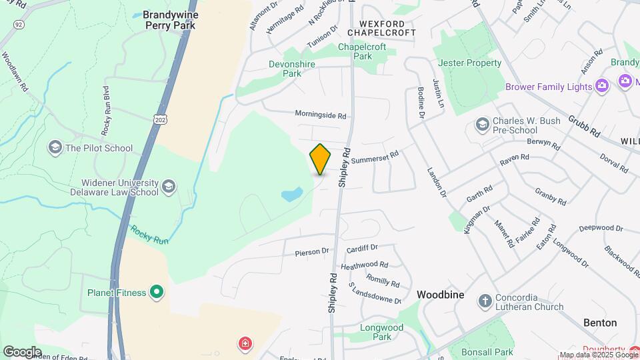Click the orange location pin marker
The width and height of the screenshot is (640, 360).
[320, 159]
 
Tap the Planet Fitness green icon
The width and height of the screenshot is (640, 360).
[157, 293]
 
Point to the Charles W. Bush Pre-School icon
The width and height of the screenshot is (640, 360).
[482, 125]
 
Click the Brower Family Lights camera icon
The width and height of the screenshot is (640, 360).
[602, 86]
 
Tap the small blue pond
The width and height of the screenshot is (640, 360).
[291, 195]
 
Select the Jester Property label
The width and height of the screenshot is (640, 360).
[470, 63]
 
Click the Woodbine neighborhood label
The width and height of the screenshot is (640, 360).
[440, 294]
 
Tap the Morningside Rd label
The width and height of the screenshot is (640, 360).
[321, 115]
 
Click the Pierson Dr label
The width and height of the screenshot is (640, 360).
[312, 252]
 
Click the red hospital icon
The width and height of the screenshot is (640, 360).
[246, 344]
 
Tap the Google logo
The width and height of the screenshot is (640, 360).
[22, 351]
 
